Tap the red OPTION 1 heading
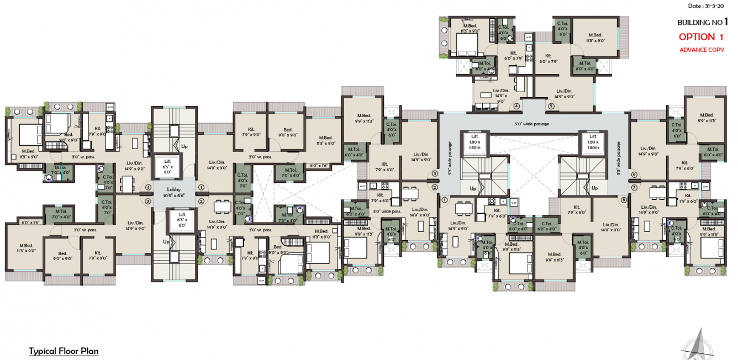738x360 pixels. pyautogui.click(x=701, y=37)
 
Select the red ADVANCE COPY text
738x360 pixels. pyautogui.click(x=702, y=50)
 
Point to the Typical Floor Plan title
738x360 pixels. pyautogui.click(x=64, y=351)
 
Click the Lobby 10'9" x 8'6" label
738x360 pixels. pyautogui.click(x=173, y=192)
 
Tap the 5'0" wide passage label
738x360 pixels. pyautogui.click(x=533, y=124)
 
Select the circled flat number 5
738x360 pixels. pyautogui.click(x=551, y=106)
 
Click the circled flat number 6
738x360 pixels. pyautogui.click(x=634, y=174)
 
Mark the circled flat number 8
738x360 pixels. pyautogui.click(x=624, y=200)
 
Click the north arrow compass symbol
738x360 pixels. pyautogui.click(x=700, y=345)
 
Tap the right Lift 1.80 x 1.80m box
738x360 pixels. pyautogui.click(x=592, y=142)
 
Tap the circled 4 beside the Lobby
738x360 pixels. pyautogui.click(x=148, y=187)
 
